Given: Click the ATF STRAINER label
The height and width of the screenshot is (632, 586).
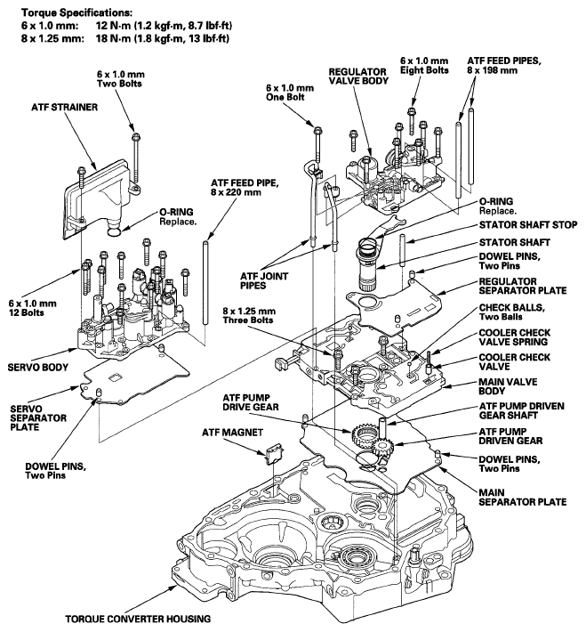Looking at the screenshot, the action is (x=64, y=107).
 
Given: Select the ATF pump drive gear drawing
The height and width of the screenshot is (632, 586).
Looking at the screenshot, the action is (x=364, y=434).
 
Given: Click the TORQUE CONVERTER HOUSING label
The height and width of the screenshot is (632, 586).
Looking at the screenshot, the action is (x=138, y=619).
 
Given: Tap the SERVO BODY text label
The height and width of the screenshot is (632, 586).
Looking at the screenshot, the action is (x=38, y=368).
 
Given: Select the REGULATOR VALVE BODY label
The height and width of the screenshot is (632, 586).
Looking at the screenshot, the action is (x=358, y=77).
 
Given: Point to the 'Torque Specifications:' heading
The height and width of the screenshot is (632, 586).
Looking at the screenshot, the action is (x=77, y=12).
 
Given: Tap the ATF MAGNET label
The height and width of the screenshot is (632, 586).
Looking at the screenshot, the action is (x=232, y=433).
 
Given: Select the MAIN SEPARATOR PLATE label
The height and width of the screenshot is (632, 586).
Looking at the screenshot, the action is (x=523, y=497).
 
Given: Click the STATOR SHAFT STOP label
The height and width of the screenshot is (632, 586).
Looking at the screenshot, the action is (x=528, y=224).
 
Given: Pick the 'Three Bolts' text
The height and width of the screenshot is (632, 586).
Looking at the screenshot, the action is (x=248, y=320).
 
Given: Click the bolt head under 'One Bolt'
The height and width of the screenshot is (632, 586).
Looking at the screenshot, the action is (x=317, y=131).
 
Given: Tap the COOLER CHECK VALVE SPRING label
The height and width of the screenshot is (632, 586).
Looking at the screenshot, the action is (x=513, y=337).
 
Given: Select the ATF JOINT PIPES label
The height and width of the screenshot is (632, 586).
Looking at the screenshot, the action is (x=264, y=281).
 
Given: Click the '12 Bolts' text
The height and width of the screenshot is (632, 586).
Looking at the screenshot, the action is (x=26, y=312).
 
